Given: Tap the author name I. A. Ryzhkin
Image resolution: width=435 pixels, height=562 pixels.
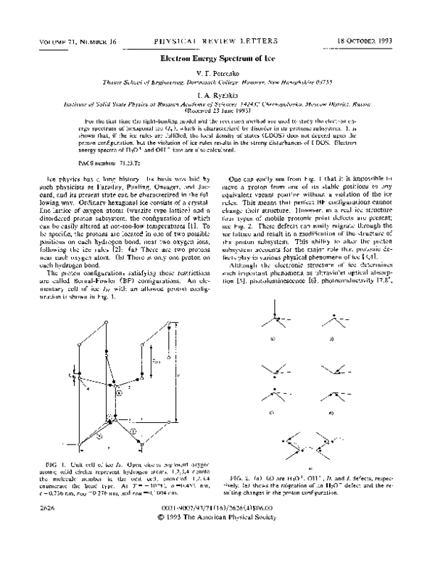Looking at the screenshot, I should pos(217,94).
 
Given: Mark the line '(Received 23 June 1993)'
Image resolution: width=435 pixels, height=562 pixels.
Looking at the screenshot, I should pos(217,112).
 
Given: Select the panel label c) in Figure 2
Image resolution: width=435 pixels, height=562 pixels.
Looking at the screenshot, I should pos(271,412).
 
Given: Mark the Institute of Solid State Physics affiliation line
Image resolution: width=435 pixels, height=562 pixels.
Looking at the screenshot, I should pos(217,104).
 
